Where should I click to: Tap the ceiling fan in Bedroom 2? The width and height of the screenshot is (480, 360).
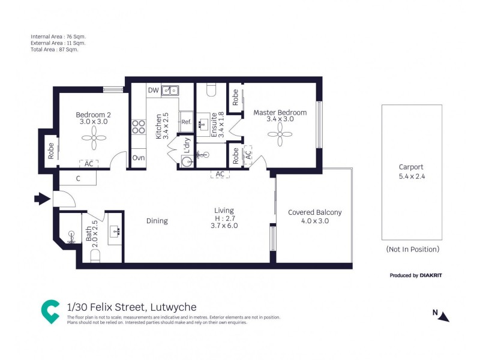click(x=94, y=142)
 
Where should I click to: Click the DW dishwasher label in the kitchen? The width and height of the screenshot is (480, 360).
click(x=154, y=91)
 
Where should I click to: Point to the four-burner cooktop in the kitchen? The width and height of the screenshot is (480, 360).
click(x=139, y=127)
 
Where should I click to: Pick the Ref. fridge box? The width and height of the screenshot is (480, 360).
click(x=186, y=122)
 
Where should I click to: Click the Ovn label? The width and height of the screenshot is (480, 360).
click(x=138, y=158)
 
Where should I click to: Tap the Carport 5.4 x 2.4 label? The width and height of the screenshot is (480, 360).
click(x=411, y=172)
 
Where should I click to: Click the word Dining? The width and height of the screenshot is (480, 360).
click(x=157, y=221)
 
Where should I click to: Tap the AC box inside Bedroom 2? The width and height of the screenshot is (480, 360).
click(x=89, y=164)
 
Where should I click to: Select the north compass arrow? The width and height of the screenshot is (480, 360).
click(x=443, y=316)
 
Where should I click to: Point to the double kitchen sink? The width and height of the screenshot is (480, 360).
click(x=172, y=91)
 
